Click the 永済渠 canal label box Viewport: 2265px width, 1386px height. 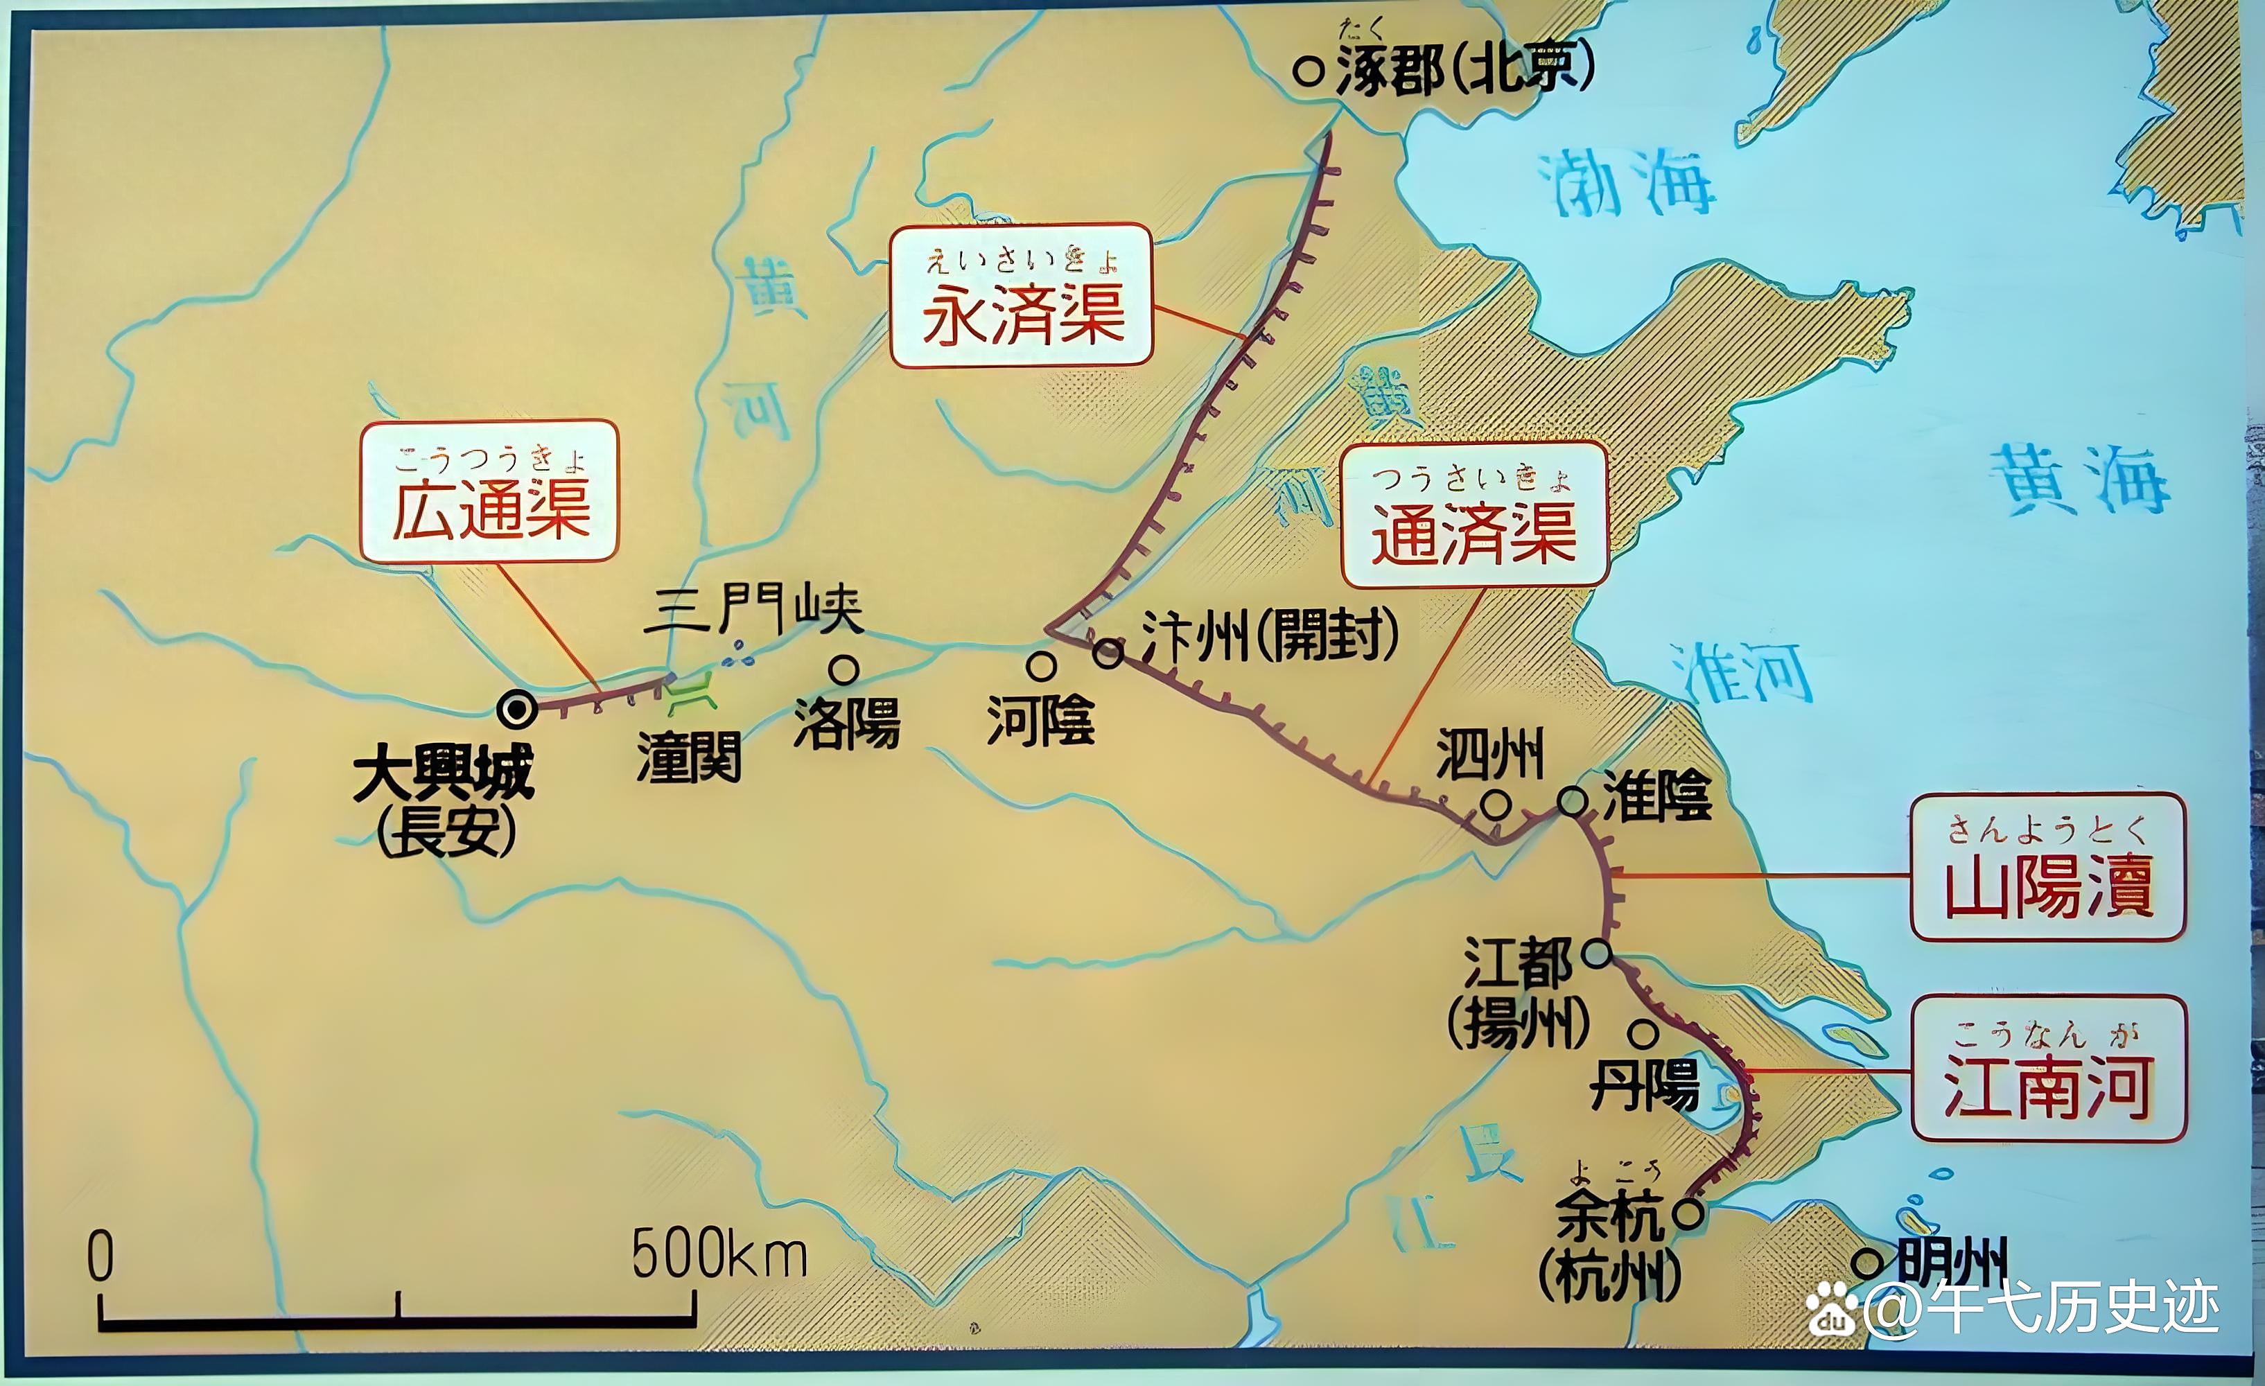pyautogui.click(x=1022, y=296)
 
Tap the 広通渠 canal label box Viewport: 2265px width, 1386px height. pyautogui.click(x=489, y=491)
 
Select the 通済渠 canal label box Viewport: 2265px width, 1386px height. pyautogui.click(x=1473, y=515)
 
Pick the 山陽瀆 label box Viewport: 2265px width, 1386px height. pyautogui.click(x=2047, y=867)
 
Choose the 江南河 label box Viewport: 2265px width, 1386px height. pyautogui.click(x=2048, y=1068)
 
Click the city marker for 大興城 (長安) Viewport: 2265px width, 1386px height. pyautogui.click(x=516, y=710)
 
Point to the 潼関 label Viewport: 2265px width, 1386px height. pyautogui.click(x=688, y=758)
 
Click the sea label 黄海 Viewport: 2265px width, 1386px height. pyautogui.click(x=2079, y=479)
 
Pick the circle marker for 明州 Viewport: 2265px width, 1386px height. pyautogui.click(x=1867, y=1262)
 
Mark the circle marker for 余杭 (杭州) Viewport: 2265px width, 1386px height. pyautogui.click(x=1688, y=1213)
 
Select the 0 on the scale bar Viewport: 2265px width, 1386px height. pyautogui.click(x=100, y=1256)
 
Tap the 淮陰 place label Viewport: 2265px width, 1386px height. pyautogui.click(x=1656, y=796)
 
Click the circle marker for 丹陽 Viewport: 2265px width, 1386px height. pyautogui.click(x=1643, y=1033)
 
